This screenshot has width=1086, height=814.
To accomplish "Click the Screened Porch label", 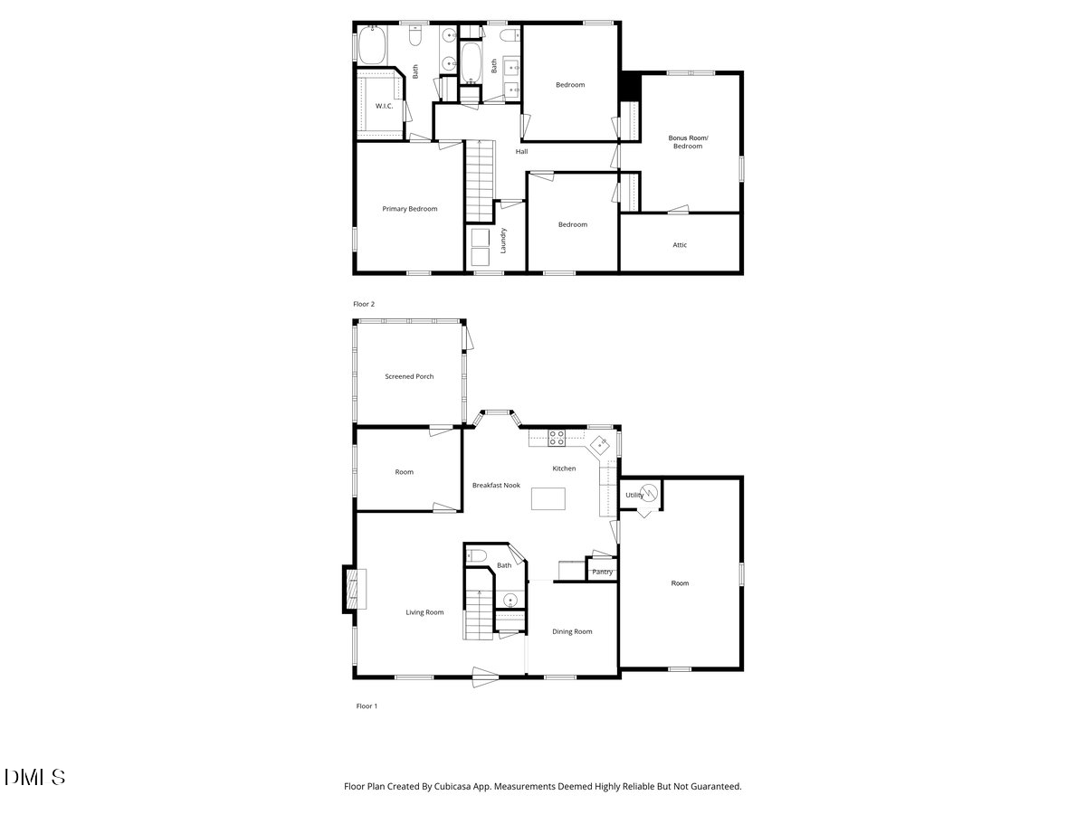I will (409, 376).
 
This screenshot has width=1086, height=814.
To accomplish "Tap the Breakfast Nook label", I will (496, 486).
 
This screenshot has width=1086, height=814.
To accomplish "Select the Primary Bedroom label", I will (409, 209).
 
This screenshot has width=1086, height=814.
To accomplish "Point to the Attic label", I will (680, 245).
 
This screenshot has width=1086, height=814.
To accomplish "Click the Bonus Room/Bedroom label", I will (688, 142).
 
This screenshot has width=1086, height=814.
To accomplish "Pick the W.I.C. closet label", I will (384, 106).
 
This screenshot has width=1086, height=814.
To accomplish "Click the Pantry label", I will (602, 572).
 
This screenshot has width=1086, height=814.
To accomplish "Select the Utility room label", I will (634, 495).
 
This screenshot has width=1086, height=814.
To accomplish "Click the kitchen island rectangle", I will (548, 499).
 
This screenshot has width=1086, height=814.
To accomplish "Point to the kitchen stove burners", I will (557, 439).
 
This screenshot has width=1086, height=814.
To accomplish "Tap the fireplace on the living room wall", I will (349, 589).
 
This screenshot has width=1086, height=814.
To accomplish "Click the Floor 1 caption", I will (366, 705).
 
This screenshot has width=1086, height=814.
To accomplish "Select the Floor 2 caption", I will (364, 304).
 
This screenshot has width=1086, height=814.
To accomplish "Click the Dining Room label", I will (572, 631).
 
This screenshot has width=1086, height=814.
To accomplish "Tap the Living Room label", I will (424, 612).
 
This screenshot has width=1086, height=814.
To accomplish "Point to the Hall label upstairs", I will (522, 151).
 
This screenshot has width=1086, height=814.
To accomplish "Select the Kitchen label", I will (564, 469).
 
